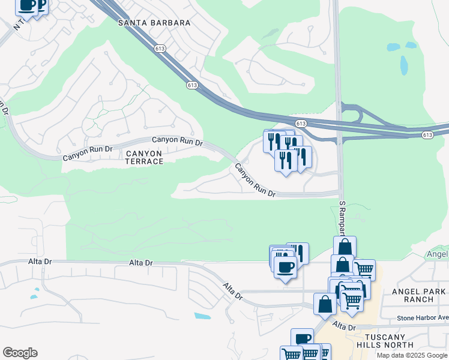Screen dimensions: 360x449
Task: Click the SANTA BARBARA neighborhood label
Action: click(x=154, y=23)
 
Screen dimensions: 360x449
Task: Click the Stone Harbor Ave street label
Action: click(x=423, y=317)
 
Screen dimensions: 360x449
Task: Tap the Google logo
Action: click(x=20, y=353)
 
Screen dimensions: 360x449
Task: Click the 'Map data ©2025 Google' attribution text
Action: click(x=412, y=355)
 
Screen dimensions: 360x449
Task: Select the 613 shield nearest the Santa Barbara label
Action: click(x=160, y=49)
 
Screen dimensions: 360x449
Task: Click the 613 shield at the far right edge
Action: click(x=427, y=135)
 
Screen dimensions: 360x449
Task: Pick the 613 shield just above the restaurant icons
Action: click(x=301, y=123)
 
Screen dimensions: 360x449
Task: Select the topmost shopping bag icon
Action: click(x=345, y=247)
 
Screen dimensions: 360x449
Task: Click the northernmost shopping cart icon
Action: click(x=364, y=269)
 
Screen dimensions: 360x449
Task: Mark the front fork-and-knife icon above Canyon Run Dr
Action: click(x=286, y=160)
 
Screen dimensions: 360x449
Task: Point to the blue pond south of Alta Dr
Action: click(x=203, y=316)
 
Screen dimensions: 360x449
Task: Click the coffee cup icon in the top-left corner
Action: click(x=26, y=5)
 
